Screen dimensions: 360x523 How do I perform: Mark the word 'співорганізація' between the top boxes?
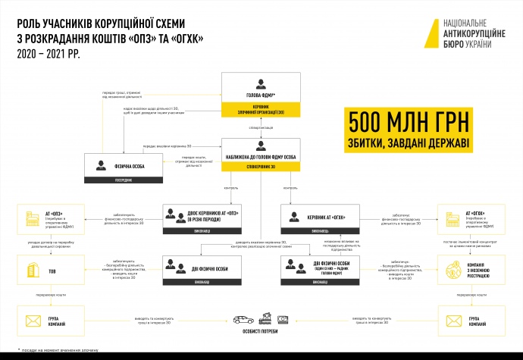click(x=261, y=128)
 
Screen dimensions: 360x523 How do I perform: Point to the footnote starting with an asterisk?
click(x=53, y=352)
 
